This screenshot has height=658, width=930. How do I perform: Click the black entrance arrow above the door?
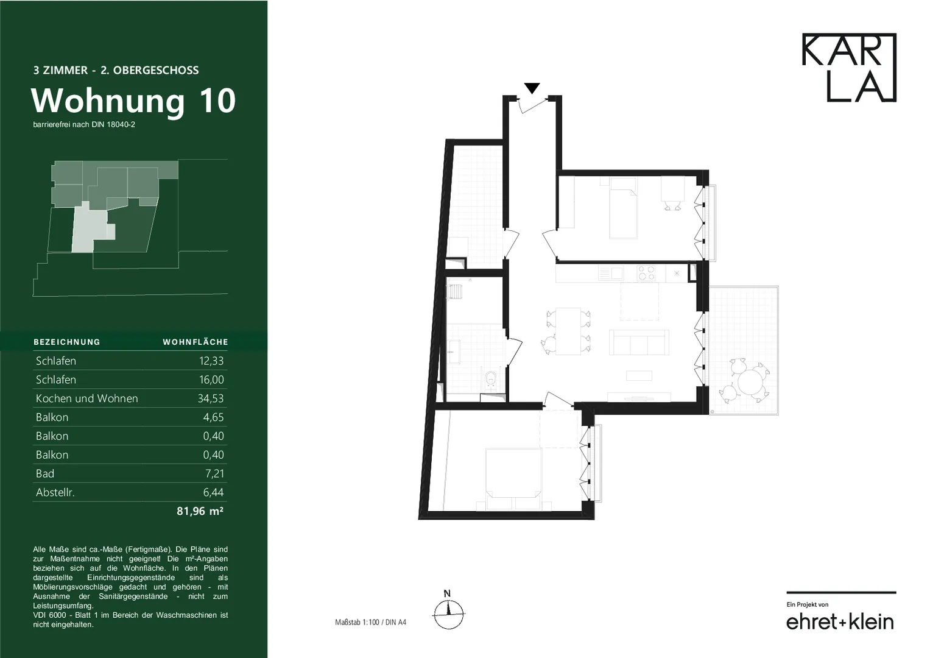click(x=532, y=88)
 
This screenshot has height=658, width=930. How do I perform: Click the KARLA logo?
click(x=849, y=68)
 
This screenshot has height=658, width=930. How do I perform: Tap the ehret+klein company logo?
click(x=840, y=622)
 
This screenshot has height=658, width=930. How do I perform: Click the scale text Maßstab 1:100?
click(x=357, y=622)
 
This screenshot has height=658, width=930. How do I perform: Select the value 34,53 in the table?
click(x=211, y=398)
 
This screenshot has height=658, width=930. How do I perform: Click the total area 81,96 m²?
click(x=200, y=511)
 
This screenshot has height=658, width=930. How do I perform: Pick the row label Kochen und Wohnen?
click(x=86, y=398)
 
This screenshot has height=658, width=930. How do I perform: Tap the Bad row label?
click(x=45, y=473)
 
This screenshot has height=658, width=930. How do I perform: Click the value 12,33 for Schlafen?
click(x=211, y=361)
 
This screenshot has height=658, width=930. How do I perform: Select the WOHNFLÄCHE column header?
click(x=195, y=342)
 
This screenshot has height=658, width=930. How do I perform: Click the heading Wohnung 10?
click(x=133, y=101)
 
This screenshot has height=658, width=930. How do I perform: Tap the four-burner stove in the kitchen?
click(x=646, y=274)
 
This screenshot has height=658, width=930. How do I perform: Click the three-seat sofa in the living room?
click(x=639, y=342)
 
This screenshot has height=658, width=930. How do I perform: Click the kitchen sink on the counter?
click(x=611, y=274)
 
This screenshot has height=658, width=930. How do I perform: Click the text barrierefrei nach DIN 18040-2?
click(x=84, y=125)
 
